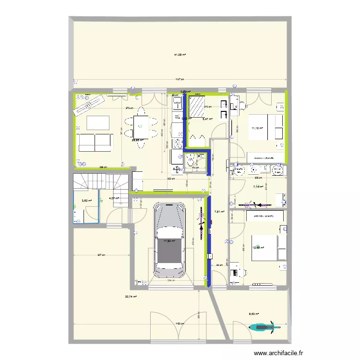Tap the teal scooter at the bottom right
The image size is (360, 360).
point(264,327)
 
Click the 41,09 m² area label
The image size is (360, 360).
point(180,55)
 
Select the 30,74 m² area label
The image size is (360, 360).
point(131,297)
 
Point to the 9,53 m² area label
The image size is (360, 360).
point(253,315)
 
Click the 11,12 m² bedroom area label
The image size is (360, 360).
point(258,128)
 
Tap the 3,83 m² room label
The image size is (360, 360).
point(86,201)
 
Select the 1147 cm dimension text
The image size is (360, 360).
point(180,80)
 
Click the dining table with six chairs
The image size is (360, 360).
point(140,126)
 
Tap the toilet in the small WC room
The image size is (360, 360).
point(192,163)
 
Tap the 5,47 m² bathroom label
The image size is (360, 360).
point(207,119)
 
